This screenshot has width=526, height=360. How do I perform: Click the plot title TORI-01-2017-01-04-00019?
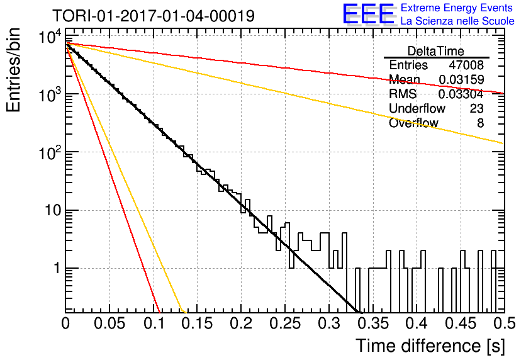point(154,16)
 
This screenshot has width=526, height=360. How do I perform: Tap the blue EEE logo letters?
point(368,14)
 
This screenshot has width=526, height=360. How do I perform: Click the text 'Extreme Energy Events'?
point(456,8)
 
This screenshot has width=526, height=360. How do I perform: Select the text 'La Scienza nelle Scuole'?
point(457,21)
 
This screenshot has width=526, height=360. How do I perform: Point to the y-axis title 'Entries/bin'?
point(13,70)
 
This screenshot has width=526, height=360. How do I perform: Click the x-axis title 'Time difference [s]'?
point(430,346)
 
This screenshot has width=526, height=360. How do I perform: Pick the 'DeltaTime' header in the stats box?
point(435,51)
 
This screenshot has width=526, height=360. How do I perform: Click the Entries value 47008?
point(466,65)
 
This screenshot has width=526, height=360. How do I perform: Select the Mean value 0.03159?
point(461,79)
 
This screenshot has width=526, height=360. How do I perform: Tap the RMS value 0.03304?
point(461,94)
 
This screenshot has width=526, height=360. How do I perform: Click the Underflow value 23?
point(476,108)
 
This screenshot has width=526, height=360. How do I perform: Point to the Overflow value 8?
point(480,123)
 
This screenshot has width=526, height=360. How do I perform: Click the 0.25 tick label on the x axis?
point(286,323)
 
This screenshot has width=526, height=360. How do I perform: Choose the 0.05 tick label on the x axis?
point(109,323)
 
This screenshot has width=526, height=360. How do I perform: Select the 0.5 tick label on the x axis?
point(504,323)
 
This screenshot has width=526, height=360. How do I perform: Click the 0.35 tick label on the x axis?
point(373,323)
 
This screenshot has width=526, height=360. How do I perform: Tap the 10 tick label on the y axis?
point(53,210)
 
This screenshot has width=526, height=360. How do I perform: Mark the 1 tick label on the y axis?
point(58,268)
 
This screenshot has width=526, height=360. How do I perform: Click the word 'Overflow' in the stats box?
point(413,123)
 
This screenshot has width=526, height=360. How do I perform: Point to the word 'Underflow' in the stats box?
point(417,108)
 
